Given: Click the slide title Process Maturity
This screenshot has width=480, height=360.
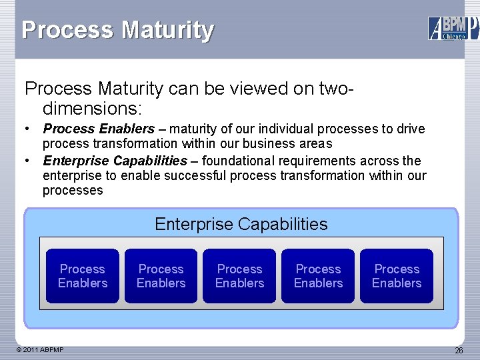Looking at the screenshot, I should (118, 31).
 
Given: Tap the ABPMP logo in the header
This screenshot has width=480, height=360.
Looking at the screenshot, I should (453, 29).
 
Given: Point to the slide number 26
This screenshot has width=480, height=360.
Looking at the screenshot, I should (459, 350).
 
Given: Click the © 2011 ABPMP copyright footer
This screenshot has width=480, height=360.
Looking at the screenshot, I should (39, 349).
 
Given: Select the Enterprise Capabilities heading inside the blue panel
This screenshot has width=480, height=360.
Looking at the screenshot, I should (241, 224).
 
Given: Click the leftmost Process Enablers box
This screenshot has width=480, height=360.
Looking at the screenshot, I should (83, 276).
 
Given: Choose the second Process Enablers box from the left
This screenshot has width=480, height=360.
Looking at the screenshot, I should (161, 276).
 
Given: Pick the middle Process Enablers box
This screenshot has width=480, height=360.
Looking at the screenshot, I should (239, 276).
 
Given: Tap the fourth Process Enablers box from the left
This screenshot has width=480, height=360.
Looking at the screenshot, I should (318, 276).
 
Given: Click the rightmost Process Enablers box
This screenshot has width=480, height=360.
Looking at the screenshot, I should (397, 276).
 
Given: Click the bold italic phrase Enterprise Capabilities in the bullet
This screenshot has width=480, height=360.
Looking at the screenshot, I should (115, 161).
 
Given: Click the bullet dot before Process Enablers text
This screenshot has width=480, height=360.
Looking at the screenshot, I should (27, 129).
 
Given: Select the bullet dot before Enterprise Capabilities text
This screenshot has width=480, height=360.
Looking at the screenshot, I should (27, 161).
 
